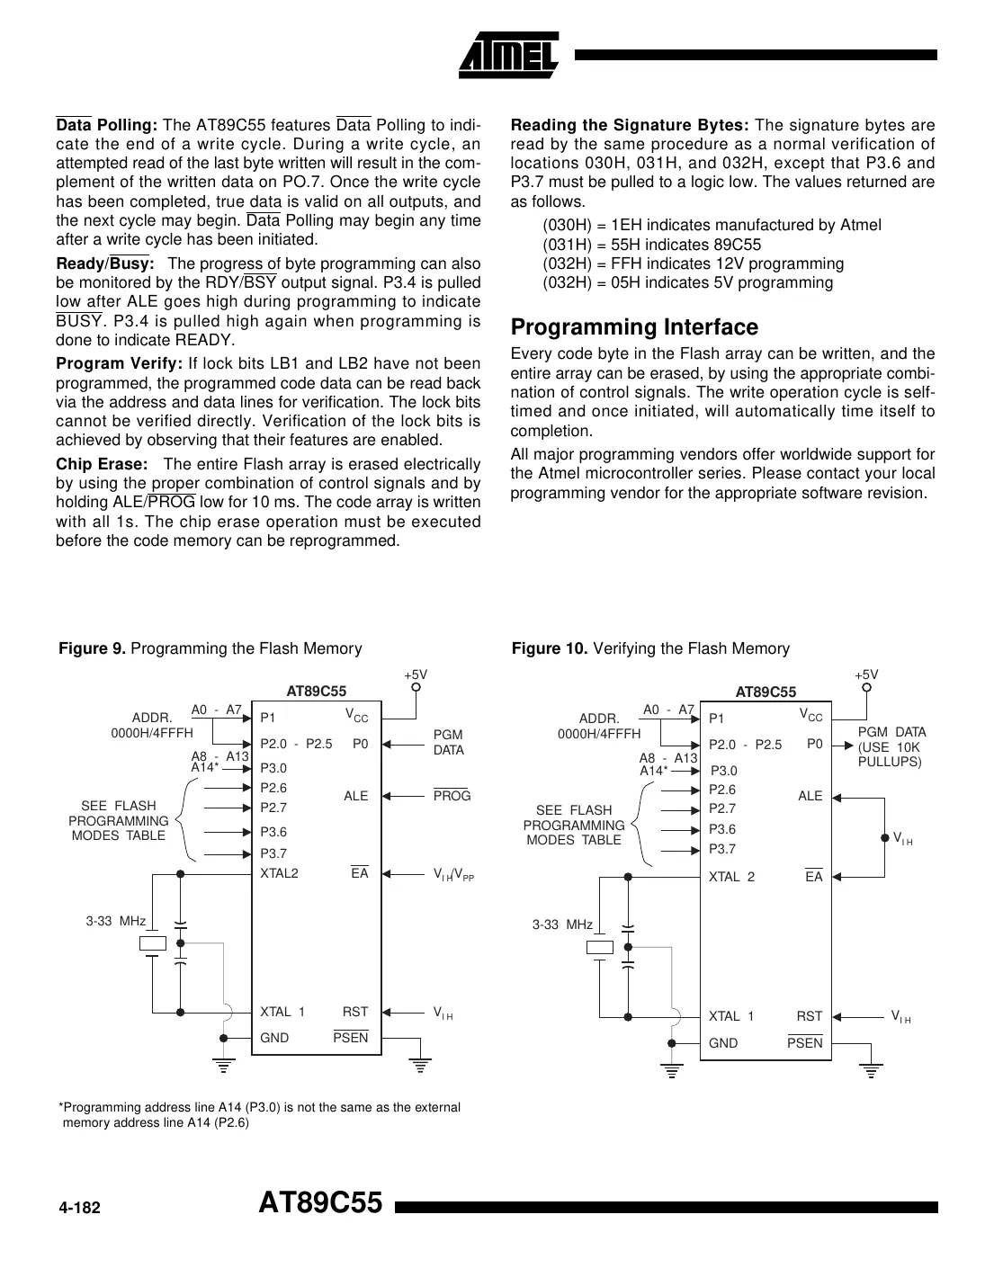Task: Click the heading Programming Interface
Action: (x=634, y=326)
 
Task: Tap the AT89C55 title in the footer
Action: (x=320, y=1203)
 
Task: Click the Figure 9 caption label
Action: (x=210, y=648)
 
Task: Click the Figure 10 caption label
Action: (x=650, y=648)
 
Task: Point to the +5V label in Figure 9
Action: (x=415, y=674)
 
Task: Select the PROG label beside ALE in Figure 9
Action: (x=452, y=796)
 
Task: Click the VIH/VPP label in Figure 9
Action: (x=452, y=874)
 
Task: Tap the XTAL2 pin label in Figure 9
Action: (x=279, y=873)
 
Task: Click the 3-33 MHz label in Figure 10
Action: (x=562, y=924)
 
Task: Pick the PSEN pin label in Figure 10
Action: (x=804, y=1042)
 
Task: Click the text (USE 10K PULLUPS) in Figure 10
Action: (x=890, y=755)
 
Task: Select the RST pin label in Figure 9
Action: (x=355, y=1012)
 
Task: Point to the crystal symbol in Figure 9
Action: (x=154, y=942)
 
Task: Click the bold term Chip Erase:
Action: (x=102, y=464)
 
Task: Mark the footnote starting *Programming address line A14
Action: (x=259, y=1114)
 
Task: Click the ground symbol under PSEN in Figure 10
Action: (x=870, y=1069)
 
